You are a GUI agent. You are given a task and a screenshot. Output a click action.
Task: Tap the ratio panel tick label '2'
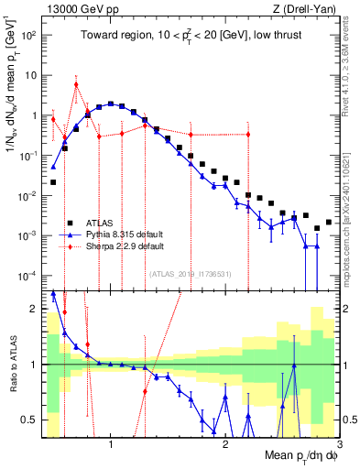pos(32,309)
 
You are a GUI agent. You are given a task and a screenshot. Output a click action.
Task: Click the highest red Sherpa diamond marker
pos(76,84)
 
